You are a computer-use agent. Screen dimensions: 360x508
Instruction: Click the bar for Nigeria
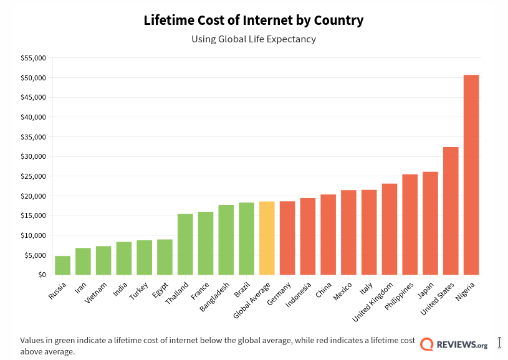click(471, 175)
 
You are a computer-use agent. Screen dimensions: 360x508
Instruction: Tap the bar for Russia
click(62, 265)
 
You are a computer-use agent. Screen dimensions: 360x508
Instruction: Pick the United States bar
click(451, 211)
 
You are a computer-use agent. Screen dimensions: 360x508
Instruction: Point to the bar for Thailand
click(185, 244)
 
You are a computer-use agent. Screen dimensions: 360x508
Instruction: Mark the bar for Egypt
click(165, 257)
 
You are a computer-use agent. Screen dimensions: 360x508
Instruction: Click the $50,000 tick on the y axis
click(34, 78)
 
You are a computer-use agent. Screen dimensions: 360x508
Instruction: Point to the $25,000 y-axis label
click(34, 176)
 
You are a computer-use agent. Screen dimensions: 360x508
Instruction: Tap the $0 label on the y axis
click(41, 275)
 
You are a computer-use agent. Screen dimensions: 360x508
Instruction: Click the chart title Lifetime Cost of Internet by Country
click(254, 20)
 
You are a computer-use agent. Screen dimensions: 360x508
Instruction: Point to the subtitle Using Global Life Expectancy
click(254, 39)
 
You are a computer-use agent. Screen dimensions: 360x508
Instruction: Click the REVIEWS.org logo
click(454, 344)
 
